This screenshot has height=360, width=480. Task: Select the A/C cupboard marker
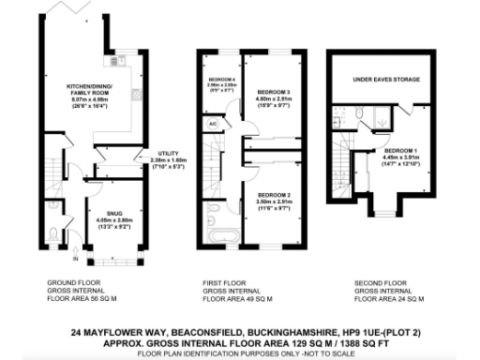[x=213, y=124]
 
